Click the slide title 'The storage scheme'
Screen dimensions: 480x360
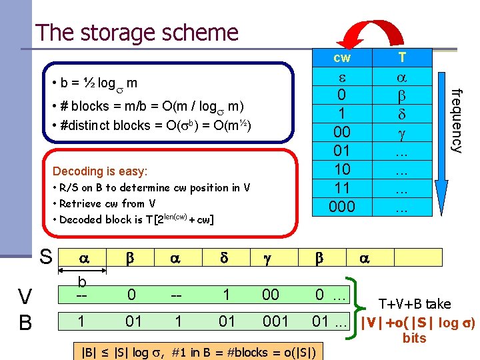137,32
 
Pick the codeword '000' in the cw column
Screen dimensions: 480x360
341,207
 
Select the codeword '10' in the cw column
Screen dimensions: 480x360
341,169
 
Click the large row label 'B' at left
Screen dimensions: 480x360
25,323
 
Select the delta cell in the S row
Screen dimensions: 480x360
227,257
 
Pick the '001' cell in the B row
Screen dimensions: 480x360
275,321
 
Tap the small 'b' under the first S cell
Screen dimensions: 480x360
82,281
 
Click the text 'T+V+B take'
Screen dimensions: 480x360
415,304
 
